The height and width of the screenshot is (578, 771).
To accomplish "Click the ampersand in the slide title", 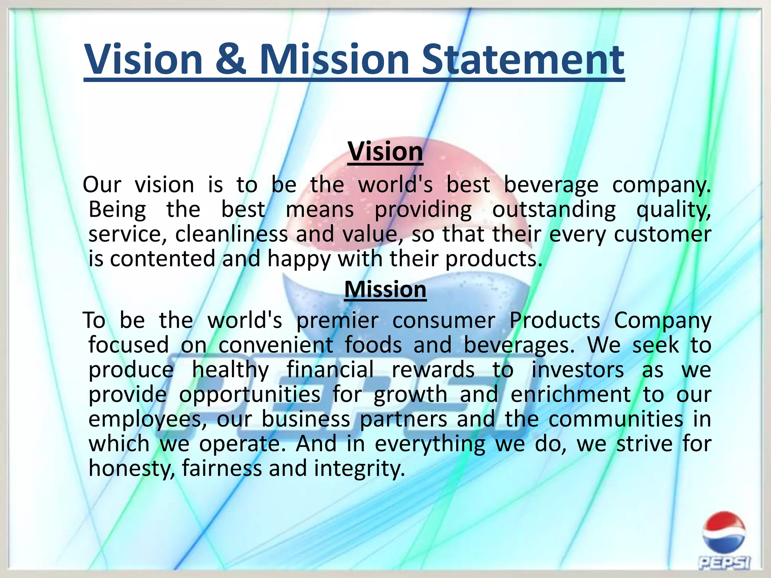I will click(231, 59).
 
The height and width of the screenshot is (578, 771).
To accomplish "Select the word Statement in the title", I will click(523, 59).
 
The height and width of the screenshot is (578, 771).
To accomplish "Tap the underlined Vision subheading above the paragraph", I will click(385, 152).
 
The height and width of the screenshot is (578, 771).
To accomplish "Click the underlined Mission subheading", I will click(385, 289).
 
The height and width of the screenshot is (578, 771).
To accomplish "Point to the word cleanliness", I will click(231, 234).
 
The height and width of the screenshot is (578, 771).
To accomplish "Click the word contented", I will click(162, 259).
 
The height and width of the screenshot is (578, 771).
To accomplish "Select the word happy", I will click(299, 260).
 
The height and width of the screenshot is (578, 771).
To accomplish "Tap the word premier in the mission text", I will click(337, 321).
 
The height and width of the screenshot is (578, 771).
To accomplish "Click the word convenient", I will click(276, 345).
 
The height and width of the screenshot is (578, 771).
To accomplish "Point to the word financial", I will click(330, 370).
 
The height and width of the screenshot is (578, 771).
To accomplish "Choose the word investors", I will click(578, 370).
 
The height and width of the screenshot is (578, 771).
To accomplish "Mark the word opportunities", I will click(250, 395).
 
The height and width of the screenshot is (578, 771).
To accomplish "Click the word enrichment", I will click(571, 394).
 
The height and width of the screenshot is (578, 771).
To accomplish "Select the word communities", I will click(616, 419).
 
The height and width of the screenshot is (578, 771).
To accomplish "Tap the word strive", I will click(644, 444).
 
